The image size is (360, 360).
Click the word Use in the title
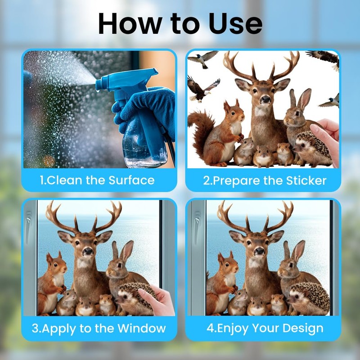[235, 24]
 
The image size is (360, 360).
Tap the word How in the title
[130, 24]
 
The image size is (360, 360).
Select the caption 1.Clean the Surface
[97, 180]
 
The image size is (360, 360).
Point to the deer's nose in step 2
[265, 99]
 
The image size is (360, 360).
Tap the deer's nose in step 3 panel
[88, 251]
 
